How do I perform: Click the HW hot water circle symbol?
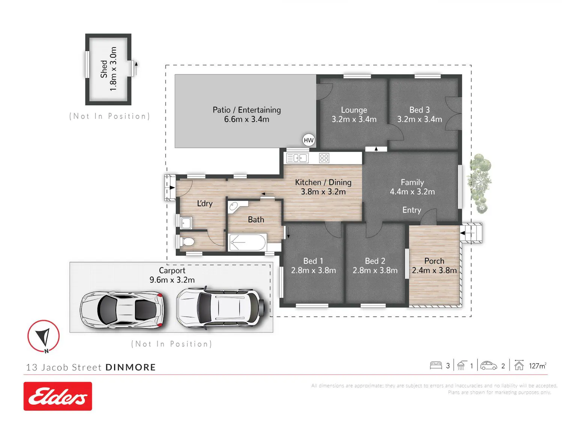click(308, 140)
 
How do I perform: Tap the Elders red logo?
click(58, 396)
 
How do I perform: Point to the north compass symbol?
click(43, 336)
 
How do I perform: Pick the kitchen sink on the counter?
click(297, 158)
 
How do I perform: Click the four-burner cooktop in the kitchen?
click(324, 158)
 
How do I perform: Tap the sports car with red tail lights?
click(122, 310)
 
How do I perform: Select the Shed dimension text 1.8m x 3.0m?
click(113, 69)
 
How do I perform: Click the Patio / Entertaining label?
click(247, 110)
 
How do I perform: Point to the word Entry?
click(411, 210)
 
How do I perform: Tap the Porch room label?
click(434, 261)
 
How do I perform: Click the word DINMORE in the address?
click(131, 367)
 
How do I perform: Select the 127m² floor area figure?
click(537, 366)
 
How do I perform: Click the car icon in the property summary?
click(489, 366)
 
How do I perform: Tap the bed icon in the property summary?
click(436, 365)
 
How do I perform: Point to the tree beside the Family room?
click(479, 183)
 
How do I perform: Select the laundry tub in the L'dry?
click(186, 223)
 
